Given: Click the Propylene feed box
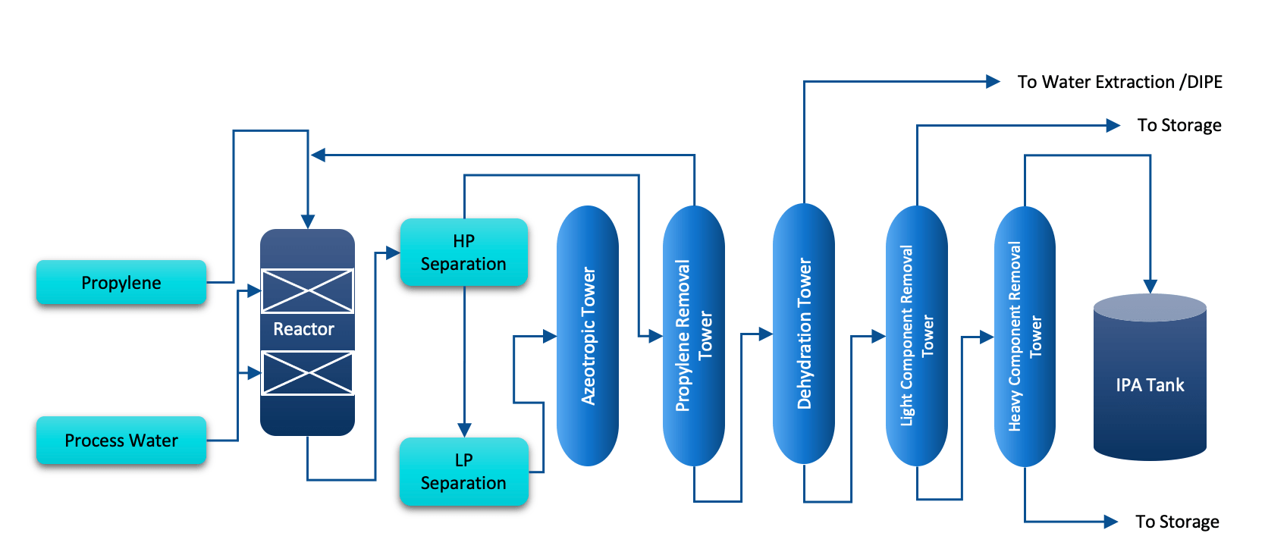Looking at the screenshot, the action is point(121,282).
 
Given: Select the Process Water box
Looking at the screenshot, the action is point(121,440).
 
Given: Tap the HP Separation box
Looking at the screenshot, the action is point(463,252).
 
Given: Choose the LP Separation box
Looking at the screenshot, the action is point(463,472).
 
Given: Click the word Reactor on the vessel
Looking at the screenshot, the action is point(304,329).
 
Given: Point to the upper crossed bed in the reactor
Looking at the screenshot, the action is point(308,290).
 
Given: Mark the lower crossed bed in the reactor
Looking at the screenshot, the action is point(308,373).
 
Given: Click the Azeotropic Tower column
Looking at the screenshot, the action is point(587,336).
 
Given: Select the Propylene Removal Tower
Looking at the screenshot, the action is point(693,336).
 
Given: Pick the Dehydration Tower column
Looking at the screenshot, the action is point(804,334).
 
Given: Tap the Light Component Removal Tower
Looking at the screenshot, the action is point(917,336).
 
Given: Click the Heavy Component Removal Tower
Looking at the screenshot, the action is point(1025,337).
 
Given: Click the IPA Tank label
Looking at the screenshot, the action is point(1150,385).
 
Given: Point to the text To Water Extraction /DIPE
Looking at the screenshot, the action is point(1120,82).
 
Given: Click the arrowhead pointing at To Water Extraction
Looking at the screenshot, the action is point(993,82).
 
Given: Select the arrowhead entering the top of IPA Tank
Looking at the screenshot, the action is point(1150,286).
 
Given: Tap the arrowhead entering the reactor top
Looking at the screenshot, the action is point(308,221).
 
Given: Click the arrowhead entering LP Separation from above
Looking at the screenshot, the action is point(464,430).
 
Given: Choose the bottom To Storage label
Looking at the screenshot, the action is point(1178,522).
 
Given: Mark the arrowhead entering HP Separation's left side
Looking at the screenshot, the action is point(393,252).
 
